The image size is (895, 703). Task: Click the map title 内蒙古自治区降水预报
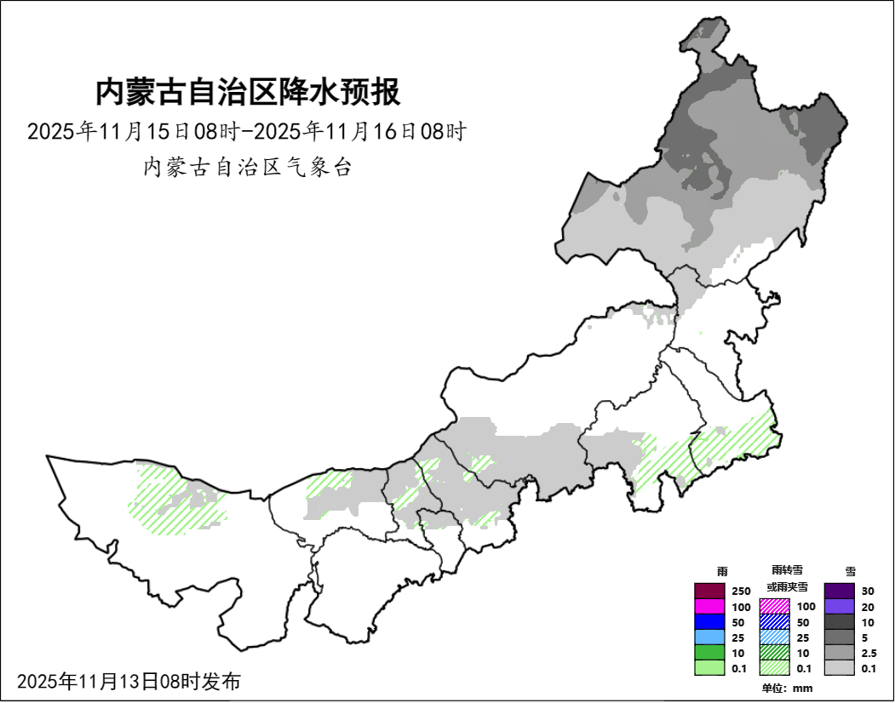(x=247, y=92)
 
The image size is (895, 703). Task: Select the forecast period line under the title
(x=247, y=132)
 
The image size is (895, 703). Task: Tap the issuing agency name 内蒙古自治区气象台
(x=247, y=167)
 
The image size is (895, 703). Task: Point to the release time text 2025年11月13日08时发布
(x=129, y=681)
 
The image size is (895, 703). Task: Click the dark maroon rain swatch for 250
(x=709, y=591)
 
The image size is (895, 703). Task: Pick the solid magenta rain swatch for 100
(x=709, y=606)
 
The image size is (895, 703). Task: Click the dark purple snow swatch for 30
(x=839, y=591)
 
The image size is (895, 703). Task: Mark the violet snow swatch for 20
(x=839, y=606)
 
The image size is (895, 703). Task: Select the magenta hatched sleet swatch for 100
(x=774, y=606)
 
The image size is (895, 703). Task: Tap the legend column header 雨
(x=722, y=571)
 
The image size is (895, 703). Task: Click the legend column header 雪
(x=851, y=571)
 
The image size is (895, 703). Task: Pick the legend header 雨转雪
(x=787, y=569)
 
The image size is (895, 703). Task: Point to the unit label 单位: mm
(x=787, y=688)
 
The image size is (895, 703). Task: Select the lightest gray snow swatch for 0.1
(x=839, y=668)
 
